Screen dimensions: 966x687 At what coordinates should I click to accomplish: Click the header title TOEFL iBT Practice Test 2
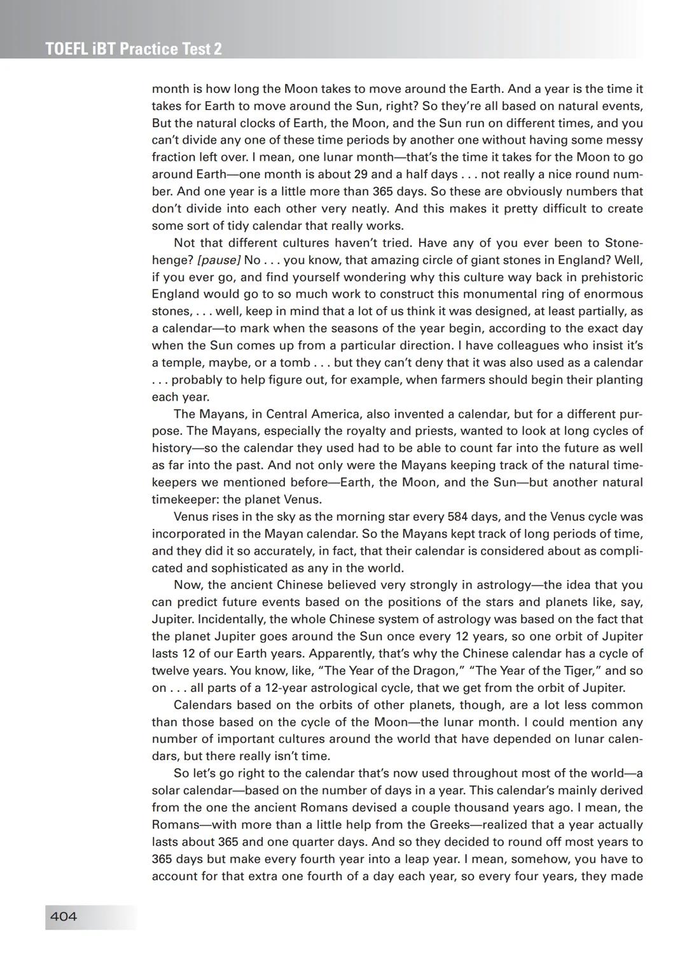134,50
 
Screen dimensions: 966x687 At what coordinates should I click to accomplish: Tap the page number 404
63,916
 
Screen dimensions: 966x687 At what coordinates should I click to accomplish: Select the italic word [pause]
219,260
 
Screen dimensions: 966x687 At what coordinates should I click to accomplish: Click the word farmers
461,380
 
